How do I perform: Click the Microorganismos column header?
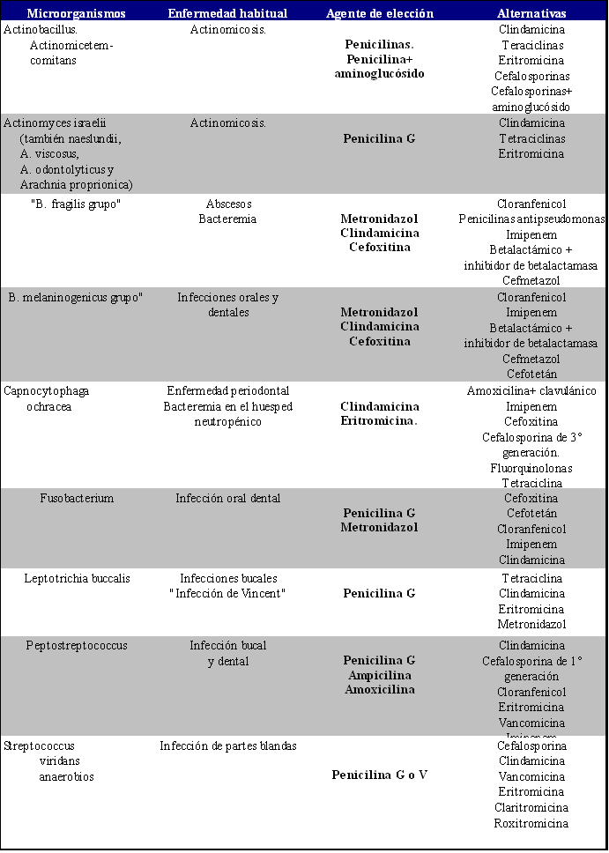(x=76, y=13)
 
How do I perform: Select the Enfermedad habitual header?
(x=228, y=13)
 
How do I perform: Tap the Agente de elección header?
(x=379, y=13)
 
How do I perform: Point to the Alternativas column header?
(x=531, y=13)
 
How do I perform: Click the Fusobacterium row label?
(x=77, y=499)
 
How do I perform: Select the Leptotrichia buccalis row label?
(x=77, y=578)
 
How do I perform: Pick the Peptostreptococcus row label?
(x=77, y=646)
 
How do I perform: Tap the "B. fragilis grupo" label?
(x=76, y=204)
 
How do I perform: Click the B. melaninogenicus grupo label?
(x=76, y=298)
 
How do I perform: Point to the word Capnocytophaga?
(x=47, y=391)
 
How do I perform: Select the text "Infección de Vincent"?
(x=227, y=593)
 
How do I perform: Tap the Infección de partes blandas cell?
(x=227, y=746)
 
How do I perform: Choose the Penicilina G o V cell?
(x=379, y=775)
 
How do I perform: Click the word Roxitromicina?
(x=531, y=823)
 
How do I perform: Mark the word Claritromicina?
(x=531, y=808)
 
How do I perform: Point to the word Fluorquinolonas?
(x=531, y=468)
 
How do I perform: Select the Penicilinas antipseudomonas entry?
(x=531, y=219)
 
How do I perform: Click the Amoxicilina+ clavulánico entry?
(x=531, y=391)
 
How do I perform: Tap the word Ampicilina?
(x=379, y=675)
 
